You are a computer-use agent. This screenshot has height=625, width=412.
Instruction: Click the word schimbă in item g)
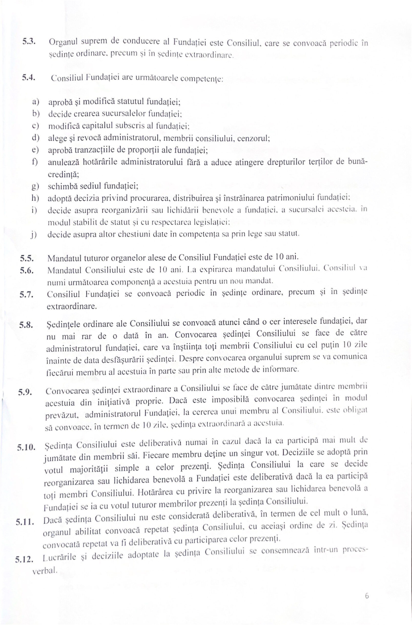[x=62, y=186]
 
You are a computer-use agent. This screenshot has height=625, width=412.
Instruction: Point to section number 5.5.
[x=27, y=259]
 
